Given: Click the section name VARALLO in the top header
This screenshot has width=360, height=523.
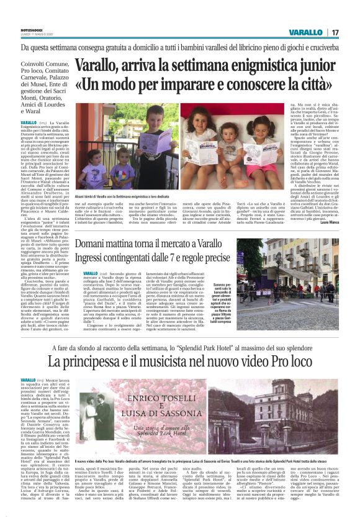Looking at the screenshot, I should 305,32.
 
